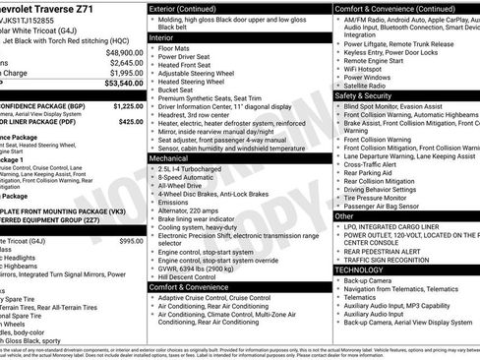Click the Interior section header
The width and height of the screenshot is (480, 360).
click(x=161, y=36)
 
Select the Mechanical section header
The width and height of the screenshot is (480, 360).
click(x=167, y=156)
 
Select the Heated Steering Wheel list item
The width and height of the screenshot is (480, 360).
click(x=198, y=82)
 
